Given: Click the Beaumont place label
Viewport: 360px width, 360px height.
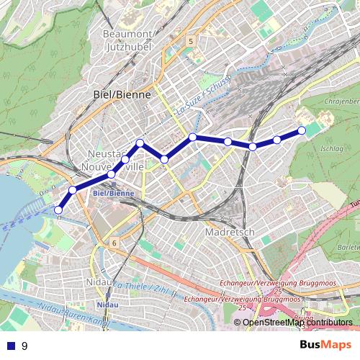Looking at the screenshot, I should click(x=128, y=34).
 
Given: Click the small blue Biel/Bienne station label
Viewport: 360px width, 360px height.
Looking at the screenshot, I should click(x=114, y=194).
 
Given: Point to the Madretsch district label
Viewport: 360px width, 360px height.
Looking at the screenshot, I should click(x=230, y=233).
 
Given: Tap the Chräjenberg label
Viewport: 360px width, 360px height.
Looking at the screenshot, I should click(x=341, y=102).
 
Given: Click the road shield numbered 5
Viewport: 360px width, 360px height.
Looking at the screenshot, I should click(x=190, y=42).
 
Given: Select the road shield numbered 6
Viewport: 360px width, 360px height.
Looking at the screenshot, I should click(x=114, y=243).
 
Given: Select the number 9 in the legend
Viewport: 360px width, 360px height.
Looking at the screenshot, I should click(x=24, y=346).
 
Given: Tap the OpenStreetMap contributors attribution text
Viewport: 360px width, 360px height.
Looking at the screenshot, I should click(x=297, y=322).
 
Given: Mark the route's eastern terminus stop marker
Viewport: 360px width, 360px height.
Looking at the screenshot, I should click(x=302, y=130).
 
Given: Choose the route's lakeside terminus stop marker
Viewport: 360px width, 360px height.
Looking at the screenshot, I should click(x=58, y=210).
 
